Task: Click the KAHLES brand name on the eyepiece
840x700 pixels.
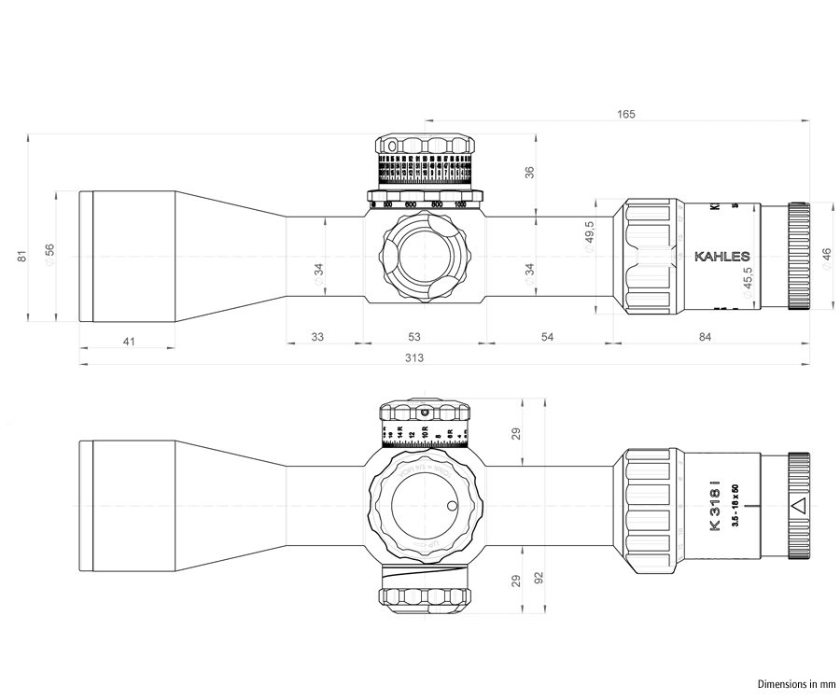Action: pos(722,256)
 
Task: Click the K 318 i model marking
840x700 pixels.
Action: pos(715,505)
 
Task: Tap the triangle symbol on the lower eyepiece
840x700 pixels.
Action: pos(798,507)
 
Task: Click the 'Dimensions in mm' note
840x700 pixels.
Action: pos(792,683)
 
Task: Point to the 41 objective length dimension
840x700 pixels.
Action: pos(129,343)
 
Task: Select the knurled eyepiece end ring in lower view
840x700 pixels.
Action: pos(799,505)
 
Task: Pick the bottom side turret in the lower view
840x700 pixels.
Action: pos(426,588)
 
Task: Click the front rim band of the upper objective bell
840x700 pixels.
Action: pos(85,256)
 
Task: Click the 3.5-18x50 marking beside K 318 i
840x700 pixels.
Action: pos(735,505)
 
